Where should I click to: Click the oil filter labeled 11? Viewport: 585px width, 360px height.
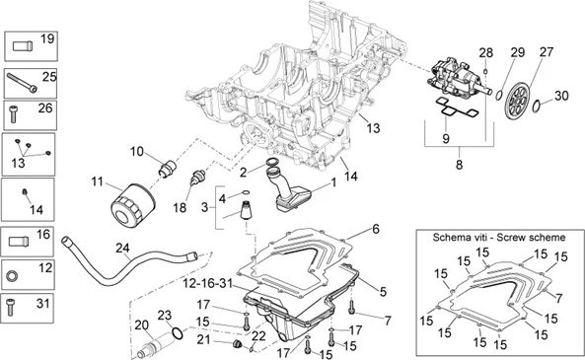133,204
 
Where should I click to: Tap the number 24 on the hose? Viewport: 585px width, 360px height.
122,248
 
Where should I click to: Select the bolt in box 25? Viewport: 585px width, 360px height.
22,83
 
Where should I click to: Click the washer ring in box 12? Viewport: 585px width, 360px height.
12,276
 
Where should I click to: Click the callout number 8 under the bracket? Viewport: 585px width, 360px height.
460,165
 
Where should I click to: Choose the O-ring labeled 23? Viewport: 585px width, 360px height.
178,332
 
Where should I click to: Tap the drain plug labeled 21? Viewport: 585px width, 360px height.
236,344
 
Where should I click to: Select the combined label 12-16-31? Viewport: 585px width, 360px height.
207,283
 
